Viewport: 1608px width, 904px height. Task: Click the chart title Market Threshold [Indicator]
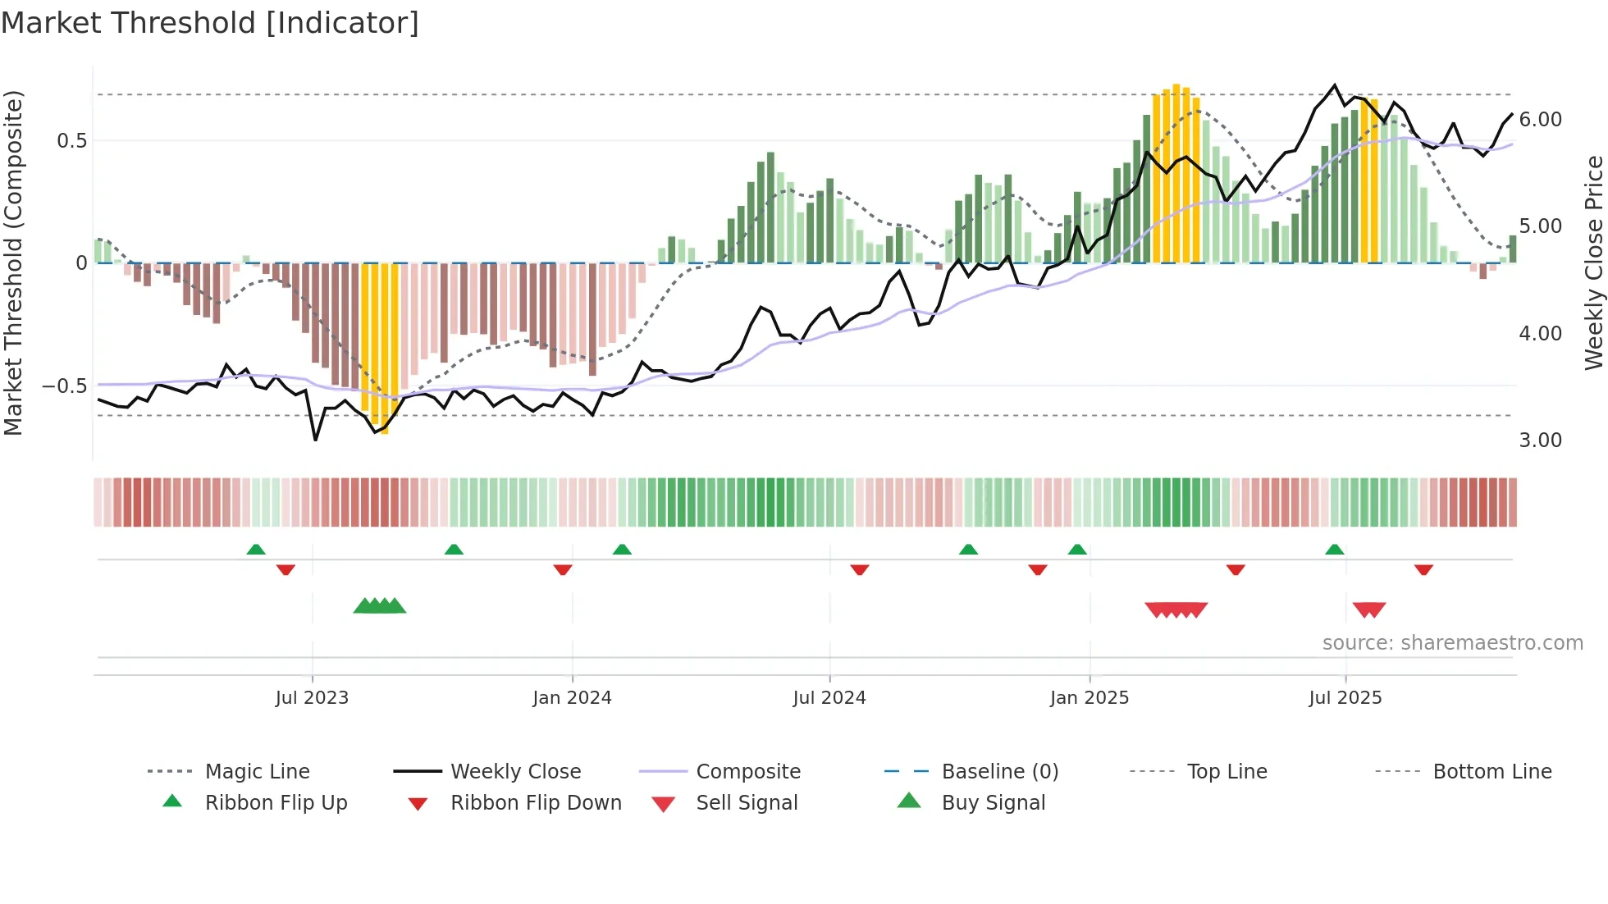pos(210,23)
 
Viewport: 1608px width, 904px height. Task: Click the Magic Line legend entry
pos(257,771)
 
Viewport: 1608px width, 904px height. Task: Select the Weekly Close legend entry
pos(515,771)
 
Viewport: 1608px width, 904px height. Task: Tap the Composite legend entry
pos(747,771)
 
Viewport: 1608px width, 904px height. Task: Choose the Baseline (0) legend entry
pos(999,771)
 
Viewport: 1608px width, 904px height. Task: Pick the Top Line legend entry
pos(1227,771)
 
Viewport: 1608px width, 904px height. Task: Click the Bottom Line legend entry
pos(1492,771)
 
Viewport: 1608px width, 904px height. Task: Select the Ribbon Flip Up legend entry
pos(276,802)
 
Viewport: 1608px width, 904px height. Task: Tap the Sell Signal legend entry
pos(747,802)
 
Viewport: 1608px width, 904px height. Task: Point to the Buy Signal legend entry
pos(993,802)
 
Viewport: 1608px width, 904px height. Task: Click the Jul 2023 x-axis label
pos(312,698)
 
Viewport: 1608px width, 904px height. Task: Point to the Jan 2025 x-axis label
pos(1089,698)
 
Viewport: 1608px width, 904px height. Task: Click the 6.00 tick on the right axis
pos(1540,120)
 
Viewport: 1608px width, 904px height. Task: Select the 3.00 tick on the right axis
pos(1540,441)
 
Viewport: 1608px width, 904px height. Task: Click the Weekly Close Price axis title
pos(1593,263)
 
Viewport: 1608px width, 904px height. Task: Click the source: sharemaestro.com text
pos(1452,643)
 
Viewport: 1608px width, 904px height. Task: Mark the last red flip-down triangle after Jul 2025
pos(1423,569)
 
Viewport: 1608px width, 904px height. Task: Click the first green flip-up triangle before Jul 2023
pos(256,550)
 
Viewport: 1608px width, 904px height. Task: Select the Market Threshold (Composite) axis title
pos(13,263)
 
